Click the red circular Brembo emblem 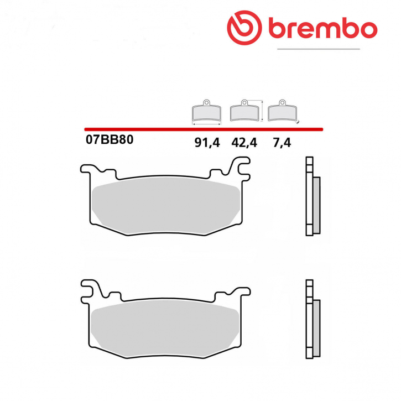244,28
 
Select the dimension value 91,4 207,143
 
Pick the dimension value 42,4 244,143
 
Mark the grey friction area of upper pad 166,202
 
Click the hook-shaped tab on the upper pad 241,165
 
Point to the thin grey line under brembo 318,49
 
